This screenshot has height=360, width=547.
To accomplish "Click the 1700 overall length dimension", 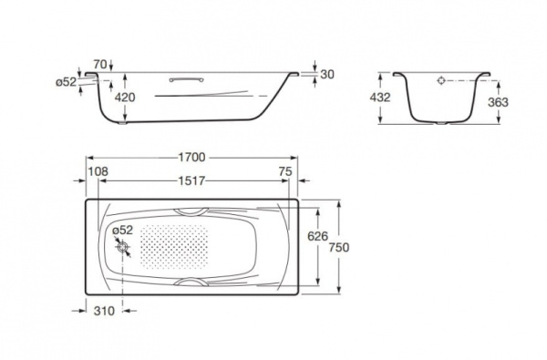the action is (191, 158).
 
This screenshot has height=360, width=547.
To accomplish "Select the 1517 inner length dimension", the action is (191, 180).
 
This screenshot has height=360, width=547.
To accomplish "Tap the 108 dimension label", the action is (98, 171).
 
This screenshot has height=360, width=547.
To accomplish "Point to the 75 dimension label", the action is (285, 171).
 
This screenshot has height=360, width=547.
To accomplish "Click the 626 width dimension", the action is (317, 236).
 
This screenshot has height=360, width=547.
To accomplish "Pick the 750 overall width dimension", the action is (339, 247).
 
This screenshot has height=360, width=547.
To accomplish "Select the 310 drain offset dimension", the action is (104, 311).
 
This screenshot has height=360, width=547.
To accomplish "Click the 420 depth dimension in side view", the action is (125, 98).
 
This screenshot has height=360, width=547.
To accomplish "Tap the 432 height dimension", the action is (380, 98).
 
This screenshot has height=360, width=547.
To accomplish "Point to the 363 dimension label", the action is (498, 102).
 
